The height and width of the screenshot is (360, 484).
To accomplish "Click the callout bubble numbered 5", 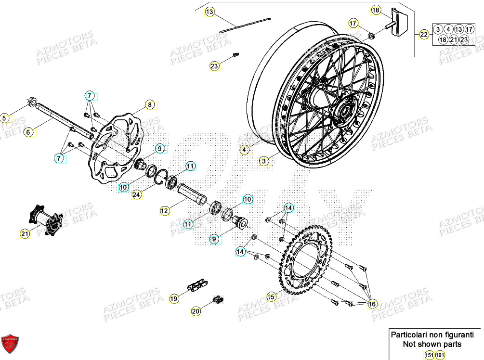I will tap(4, 117).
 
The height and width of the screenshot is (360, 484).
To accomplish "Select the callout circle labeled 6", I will tap(28, 132).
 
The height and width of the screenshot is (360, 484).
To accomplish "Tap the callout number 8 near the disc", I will tap(150, 104).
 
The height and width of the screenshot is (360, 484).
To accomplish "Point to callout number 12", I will tap(165, 211).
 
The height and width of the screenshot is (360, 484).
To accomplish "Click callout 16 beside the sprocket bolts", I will tap(372, 304).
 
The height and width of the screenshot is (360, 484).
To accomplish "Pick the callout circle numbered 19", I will tap(174, 298).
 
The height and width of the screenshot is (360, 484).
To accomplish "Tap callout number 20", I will tap(196, 311).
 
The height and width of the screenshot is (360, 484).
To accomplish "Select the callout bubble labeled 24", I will tap(137, 195).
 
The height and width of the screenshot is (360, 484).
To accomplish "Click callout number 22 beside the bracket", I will tap(424, 34).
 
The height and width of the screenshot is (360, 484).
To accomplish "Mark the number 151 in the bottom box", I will tap(429, 355).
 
